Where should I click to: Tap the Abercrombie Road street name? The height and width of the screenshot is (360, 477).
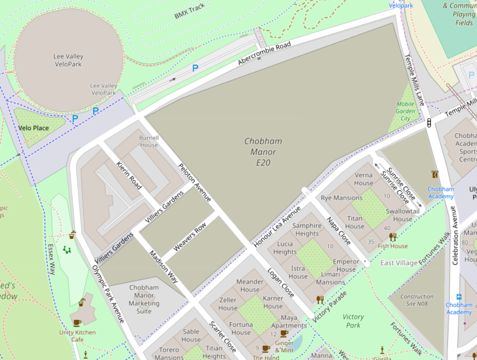(x=264, y=54)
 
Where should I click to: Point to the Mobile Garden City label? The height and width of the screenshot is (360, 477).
(x=406, y=111)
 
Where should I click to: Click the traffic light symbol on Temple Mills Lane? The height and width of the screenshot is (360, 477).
(x=429, y=123)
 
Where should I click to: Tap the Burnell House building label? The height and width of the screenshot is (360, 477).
(x=149, y=141)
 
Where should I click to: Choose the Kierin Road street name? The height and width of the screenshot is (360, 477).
(x=129, y=175)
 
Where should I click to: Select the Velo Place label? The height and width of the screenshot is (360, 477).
(x=34, y=128)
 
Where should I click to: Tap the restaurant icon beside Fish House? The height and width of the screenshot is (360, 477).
(x=393, y=237)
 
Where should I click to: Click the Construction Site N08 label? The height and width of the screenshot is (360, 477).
(x=417, y=300)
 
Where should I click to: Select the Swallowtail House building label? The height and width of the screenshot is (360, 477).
(x=402, y=215)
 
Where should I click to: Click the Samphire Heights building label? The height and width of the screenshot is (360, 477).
(x=307, y=230)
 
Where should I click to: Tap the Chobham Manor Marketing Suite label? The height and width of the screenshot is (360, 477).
(x=144, y=299)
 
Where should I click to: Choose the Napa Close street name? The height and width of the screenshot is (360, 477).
(x=339, y=231)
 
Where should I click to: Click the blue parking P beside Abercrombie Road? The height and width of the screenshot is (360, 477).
(x=195, y=68)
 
